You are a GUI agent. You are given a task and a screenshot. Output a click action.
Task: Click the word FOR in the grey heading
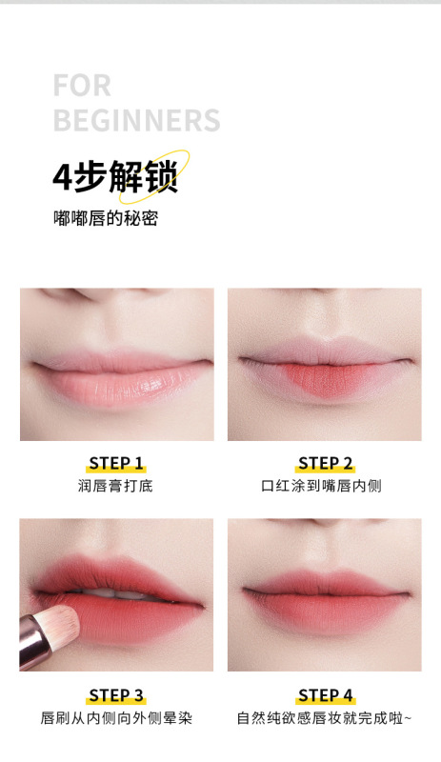click(x=82, y=86)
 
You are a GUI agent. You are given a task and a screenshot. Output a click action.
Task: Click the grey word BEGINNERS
click(x=136, y=121)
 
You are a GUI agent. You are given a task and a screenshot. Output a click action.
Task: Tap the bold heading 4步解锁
click(x=114, y=177)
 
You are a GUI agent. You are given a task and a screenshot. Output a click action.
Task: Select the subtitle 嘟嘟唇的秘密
click(x=105, y=218)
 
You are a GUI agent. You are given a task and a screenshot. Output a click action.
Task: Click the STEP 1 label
click(x=115, y=464)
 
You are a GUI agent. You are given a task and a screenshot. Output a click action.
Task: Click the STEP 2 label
click(x=325, y=464)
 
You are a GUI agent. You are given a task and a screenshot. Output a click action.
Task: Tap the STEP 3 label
click(x=115, y=694)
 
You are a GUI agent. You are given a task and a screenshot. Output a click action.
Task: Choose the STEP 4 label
click(x=325, y=694)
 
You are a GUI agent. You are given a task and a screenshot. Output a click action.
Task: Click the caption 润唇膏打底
click(x=115, y=486)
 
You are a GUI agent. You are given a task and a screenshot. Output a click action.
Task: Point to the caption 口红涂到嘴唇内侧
click(x=325, y=486)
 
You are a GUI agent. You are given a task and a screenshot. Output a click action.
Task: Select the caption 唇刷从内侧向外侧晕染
click(x=115, y=717)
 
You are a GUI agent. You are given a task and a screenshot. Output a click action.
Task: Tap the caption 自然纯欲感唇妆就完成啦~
click(x=324, y=717)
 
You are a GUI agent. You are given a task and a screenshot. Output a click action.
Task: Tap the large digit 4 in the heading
click(x=62, y=178)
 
